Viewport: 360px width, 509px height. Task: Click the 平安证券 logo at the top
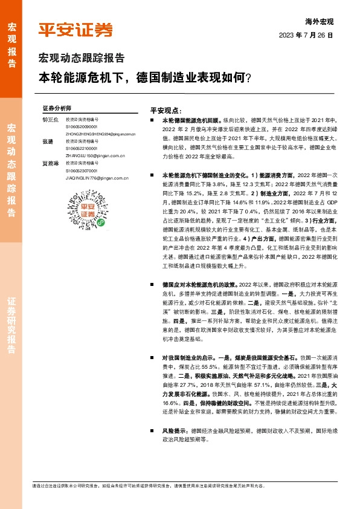click(76, 31)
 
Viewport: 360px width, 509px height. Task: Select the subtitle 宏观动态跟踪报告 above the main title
click(82, 59)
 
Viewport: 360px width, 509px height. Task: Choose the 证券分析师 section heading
click(57, 108)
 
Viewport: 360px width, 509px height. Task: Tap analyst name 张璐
click(48, 141)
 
